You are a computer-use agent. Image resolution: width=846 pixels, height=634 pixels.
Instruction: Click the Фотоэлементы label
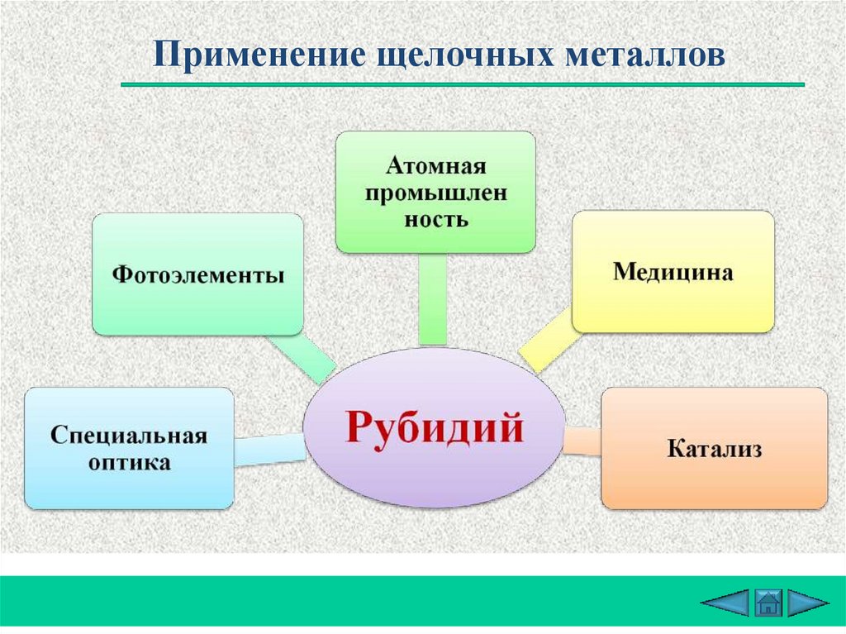pyautogui.click(x=197, y=274)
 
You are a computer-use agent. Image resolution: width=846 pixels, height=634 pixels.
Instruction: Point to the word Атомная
pyautogui.click(x=435, y=165)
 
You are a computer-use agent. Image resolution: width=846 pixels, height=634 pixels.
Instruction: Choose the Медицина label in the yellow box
pyautogui.click(x=673, y=272)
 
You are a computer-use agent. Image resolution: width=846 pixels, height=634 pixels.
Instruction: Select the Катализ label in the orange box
pyautogui.click(x=714, y=449)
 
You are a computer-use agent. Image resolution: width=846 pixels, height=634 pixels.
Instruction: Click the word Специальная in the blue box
pyautogui.click(x=127, y=435)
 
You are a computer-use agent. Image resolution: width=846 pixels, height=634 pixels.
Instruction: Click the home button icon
pyautogui.click(x=768, y=603)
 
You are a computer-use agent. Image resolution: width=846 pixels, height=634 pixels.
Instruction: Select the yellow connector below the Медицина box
pyautogui.click(x=545, y=339)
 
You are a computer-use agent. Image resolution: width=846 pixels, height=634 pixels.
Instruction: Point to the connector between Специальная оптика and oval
pyautogui.click(x=269, y=449)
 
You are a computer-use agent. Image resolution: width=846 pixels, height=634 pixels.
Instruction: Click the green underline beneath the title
pyautogui.click(x=463, y=84)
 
